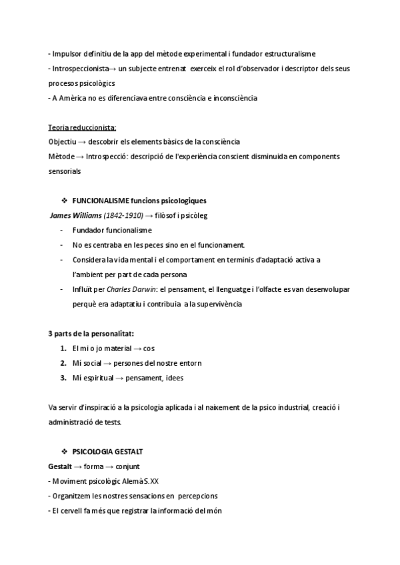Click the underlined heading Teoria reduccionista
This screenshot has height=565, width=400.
pos(83,127)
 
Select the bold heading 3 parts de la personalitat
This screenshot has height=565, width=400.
pos(95,333)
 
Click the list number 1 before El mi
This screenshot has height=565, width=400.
pos(63,348)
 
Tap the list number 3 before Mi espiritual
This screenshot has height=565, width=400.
pos(63,378)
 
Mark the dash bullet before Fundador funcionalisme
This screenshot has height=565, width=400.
pos(61,230)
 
